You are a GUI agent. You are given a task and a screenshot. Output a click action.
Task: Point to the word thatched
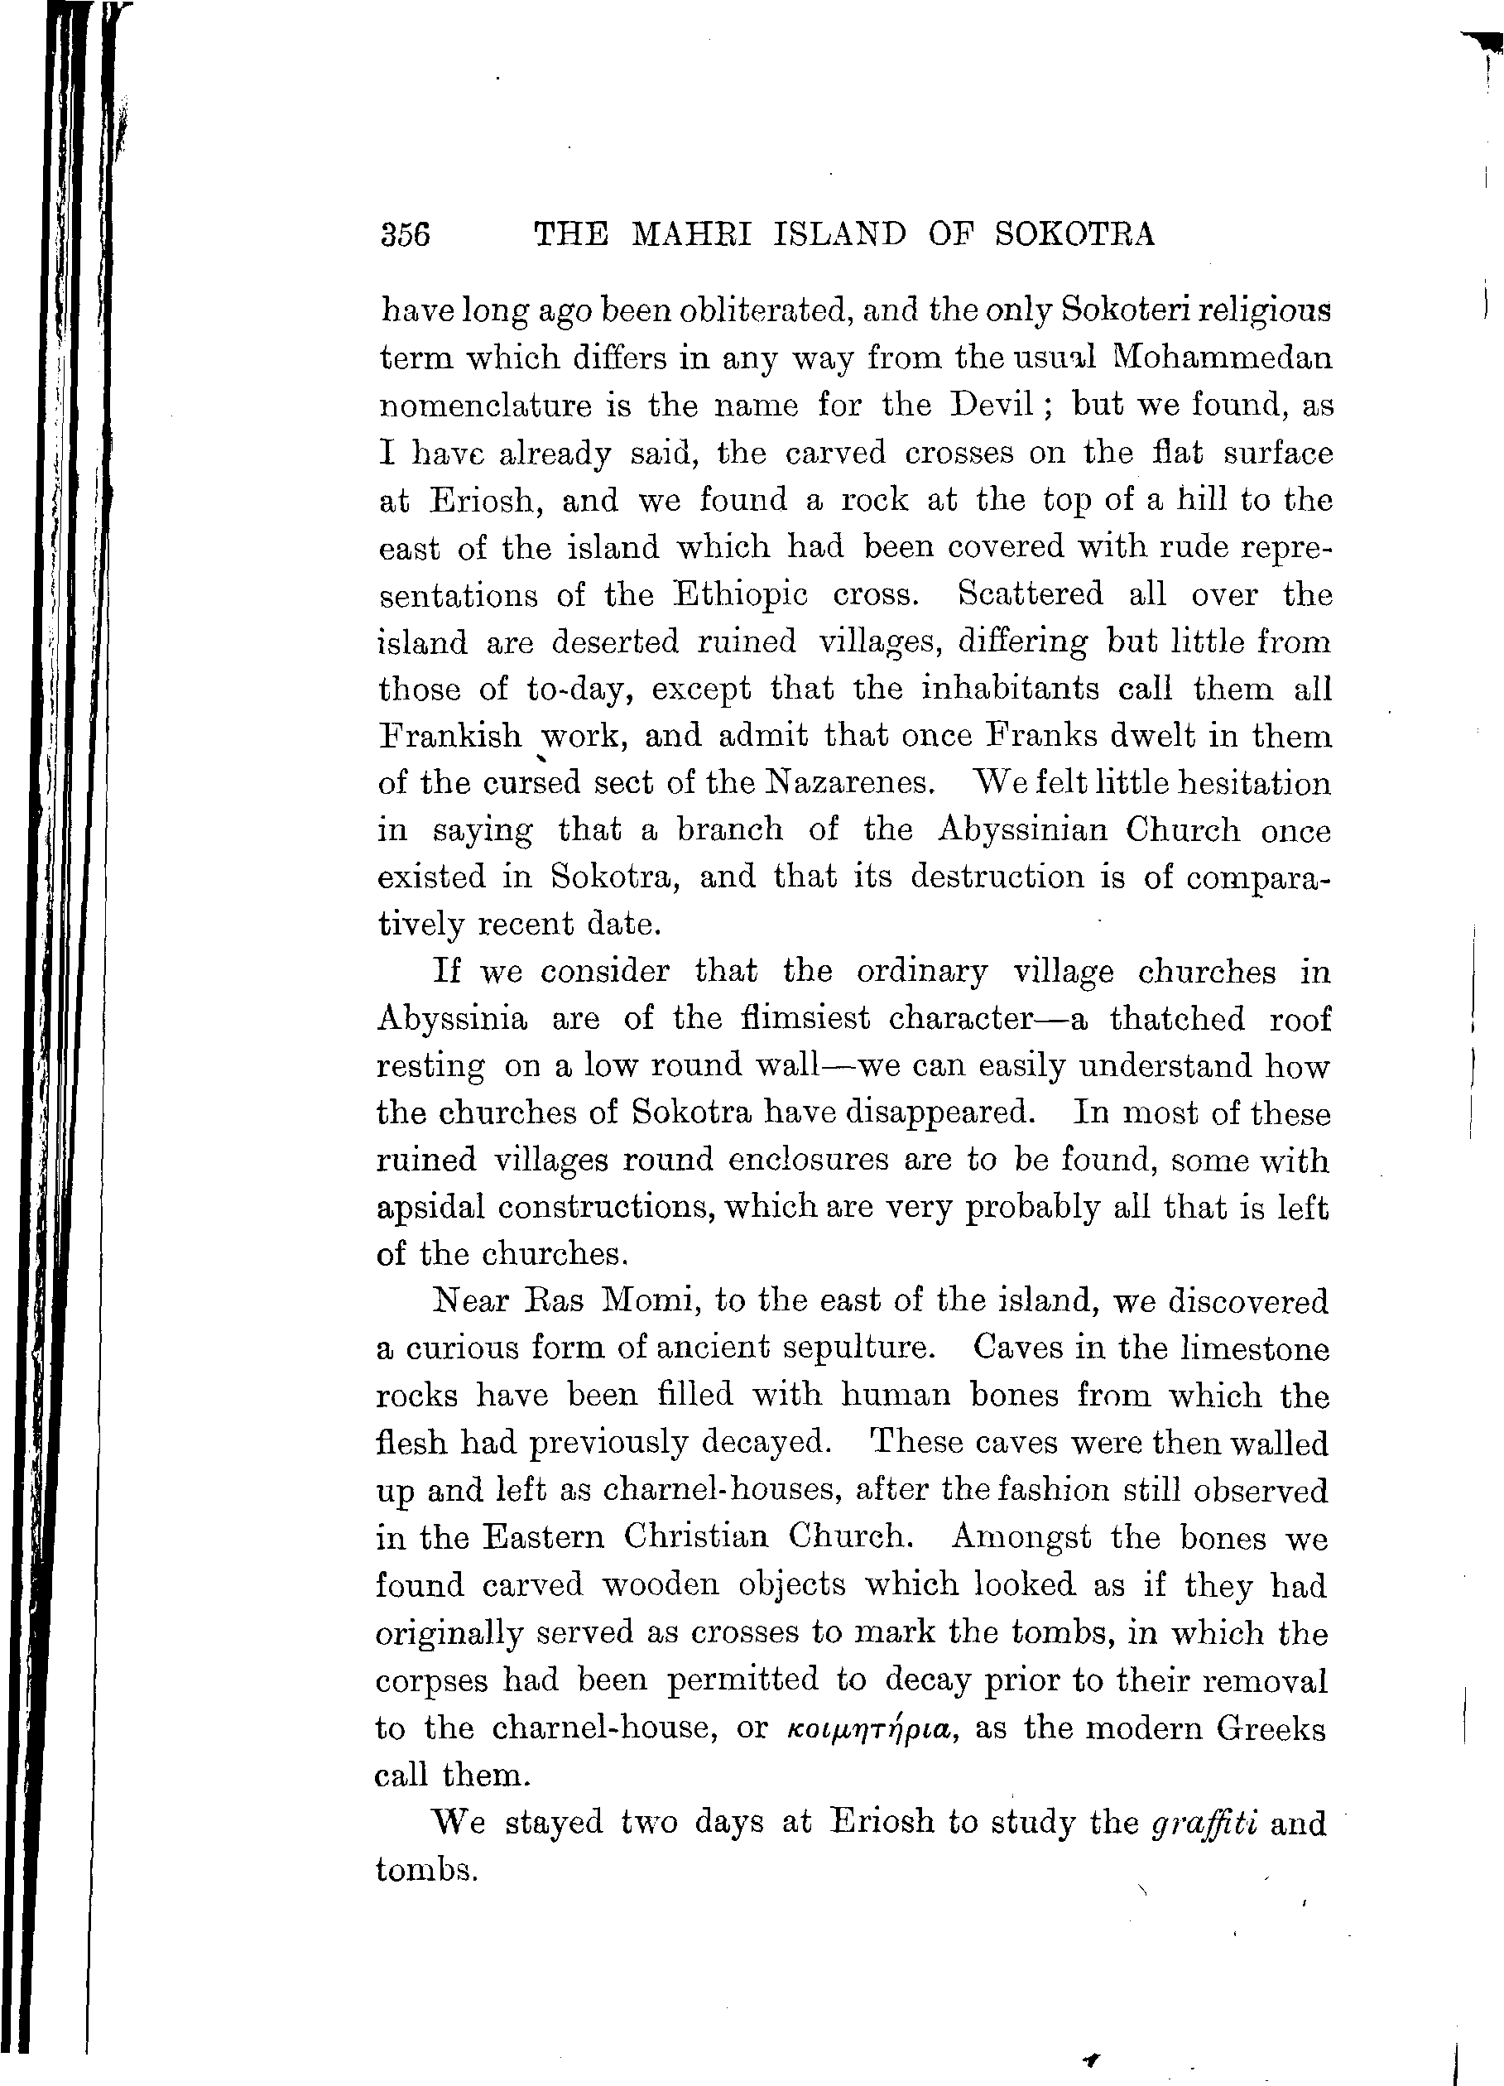(1176, 1018)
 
